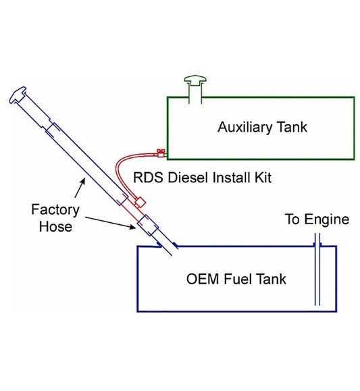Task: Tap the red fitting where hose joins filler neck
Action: (140, 202)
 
